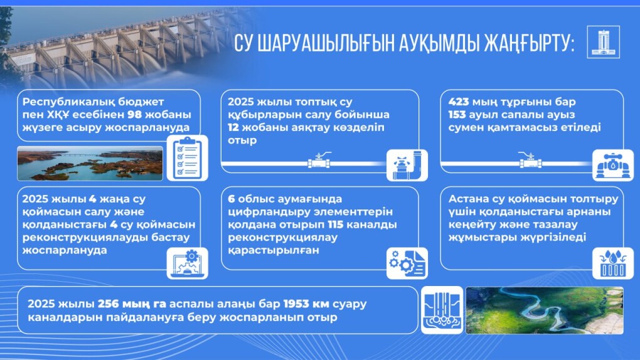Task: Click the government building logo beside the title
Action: (x=603, y=42)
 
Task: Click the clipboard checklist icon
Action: (x=188, y=158)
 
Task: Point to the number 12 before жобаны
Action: (x=233, y=127)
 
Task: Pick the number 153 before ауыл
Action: (x=457, y=114)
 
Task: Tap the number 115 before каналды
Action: (x=336, y=225)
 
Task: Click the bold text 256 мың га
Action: (x=132, y=304)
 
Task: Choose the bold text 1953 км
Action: (x=306, y=304)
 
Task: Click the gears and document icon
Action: (x=407, y=263)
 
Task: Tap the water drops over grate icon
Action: (x=612, y=263)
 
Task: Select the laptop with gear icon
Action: (x=188, y=263)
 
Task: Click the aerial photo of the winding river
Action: (x=545, y=310)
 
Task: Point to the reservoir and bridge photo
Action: (x=90, y=163)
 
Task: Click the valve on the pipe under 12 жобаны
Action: (x=319, y=161)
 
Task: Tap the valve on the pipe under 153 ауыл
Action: (x=530, y=161)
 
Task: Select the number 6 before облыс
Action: (x=231, y=199)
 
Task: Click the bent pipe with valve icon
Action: (x=407, y=166)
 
